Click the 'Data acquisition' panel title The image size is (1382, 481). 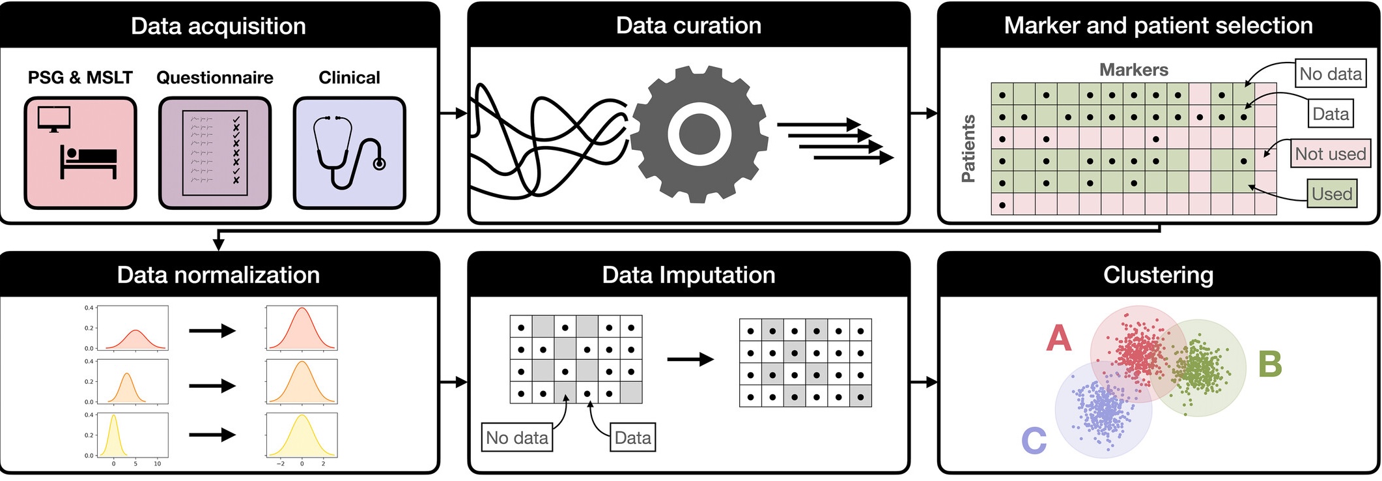[218, 26]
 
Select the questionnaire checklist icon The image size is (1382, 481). [215, 153]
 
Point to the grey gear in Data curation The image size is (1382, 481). [699, 134]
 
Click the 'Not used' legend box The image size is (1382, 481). [1330, 154]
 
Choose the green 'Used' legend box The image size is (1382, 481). [1332, 194]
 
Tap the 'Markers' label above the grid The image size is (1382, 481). [1133, 70]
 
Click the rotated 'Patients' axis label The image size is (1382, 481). [968, 149]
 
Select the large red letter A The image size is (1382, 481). [1058, 338]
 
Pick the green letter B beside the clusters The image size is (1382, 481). [1270, 364]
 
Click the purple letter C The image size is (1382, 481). [1034, 441]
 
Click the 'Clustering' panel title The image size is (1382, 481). [1158, 275]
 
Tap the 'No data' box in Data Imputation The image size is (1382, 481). [517, 437]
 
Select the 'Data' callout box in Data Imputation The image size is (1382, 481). [632, 437]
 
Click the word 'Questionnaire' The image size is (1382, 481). [215, 78]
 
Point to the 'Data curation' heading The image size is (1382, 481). [688, 25]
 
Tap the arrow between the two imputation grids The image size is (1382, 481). [690, 359]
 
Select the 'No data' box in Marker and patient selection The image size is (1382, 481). [1330, 74]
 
